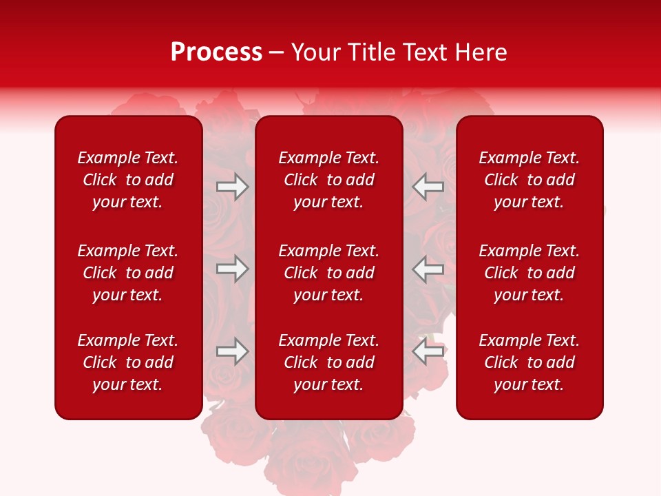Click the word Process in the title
[216, 52]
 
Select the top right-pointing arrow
[233, 187]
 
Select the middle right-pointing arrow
[233, 269]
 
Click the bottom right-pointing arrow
[233, 351]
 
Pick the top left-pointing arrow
[428, 187]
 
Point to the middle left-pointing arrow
[428, 269]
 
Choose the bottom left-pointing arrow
[428, 351]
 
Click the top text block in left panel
[128, 180]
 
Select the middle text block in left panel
[128, 273]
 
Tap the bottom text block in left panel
[128, 362]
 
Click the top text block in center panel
[328, 180]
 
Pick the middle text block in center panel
[328, 273]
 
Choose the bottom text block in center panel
[328, 362]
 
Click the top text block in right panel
[529, 180]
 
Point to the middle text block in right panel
[529, 273]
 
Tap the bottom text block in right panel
[529, 362]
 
